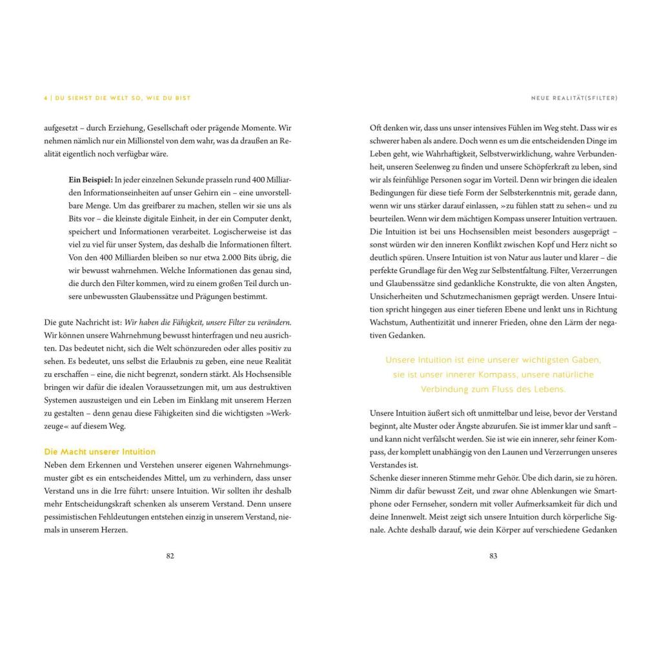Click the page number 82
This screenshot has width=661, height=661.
point(170,556)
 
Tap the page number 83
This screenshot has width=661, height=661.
point(493,556)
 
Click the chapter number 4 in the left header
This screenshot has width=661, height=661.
point(46,98)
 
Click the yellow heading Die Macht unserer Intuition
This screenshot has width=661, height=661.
point(99,452)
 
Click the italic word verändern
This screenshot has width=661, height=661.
point(276,321)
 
